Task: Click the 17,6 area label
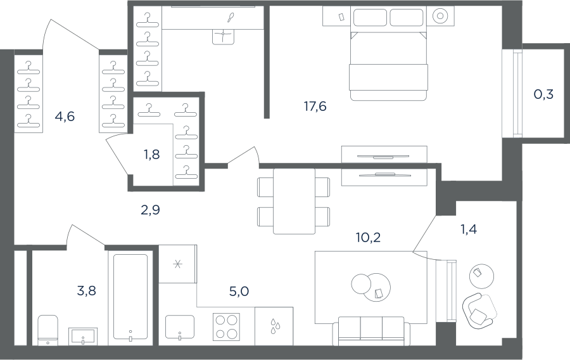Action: (x=315, y=106)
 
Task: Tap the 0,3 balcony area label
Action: (x=543, y=94)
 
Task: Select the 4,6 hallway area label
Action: (x=65, y=117)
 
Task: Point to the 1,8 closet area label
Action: (x=151, y=155)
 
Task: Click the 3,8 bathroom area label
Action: (x=87, y=291)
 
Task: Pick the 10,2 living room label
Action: (x=368, y=238)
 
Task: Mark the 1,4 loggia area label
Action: (x=469, y=229)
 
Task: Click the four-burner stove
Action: (x=226, y=327)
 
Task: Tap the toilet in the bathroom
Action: (x=48, y=330)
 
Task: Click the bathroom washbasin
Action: (x=83, y=336)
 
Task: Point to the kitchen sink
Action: (x=180, y=327)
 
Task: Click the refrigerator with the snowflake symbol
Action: (x=178, y=264)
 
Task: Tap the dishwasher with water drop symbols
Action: (x=274, y=326)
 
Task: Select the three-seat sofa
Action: (x=371, y=331)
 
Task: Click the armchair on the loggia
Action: (x=479, y=311)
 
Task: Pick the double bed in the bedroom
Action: (x=388, y=65)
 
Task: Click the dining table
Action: (x=294, y=201)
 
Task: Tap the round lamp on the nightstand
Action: (x=440, y=16)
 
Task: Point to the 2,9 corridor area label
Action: (x=150, y=210)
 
